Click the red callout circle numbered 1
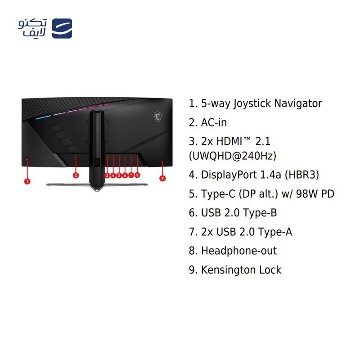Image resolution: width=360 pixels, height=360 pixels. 27,181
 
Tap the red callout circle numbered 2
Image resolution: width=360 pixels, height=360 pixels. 76,175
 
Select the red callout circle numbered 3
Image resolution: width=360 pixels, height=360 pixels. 107,175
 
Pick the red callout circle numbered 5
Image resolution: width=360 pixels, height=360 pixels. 119,175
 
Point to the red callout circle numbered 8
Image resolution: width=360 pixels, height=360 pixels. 137,175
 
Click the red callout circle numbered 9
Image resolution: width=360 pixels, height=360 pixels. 162,178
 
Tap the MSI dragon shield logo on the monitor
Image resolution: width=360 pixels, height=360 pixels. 158,117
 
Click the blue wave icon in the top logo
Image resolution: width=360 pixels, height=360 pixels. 62,28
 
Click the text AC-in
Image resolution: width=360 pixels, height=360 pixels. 214,122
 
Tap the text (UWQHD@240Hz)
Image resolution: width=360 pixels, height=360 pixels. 233,156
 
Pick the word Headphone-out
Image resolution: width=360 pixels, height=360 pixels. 239,251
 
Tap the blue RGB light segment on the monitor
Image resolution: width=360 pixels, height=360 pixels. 43,117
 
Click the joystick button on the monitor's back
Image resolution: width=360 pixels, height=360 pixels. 27,159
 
